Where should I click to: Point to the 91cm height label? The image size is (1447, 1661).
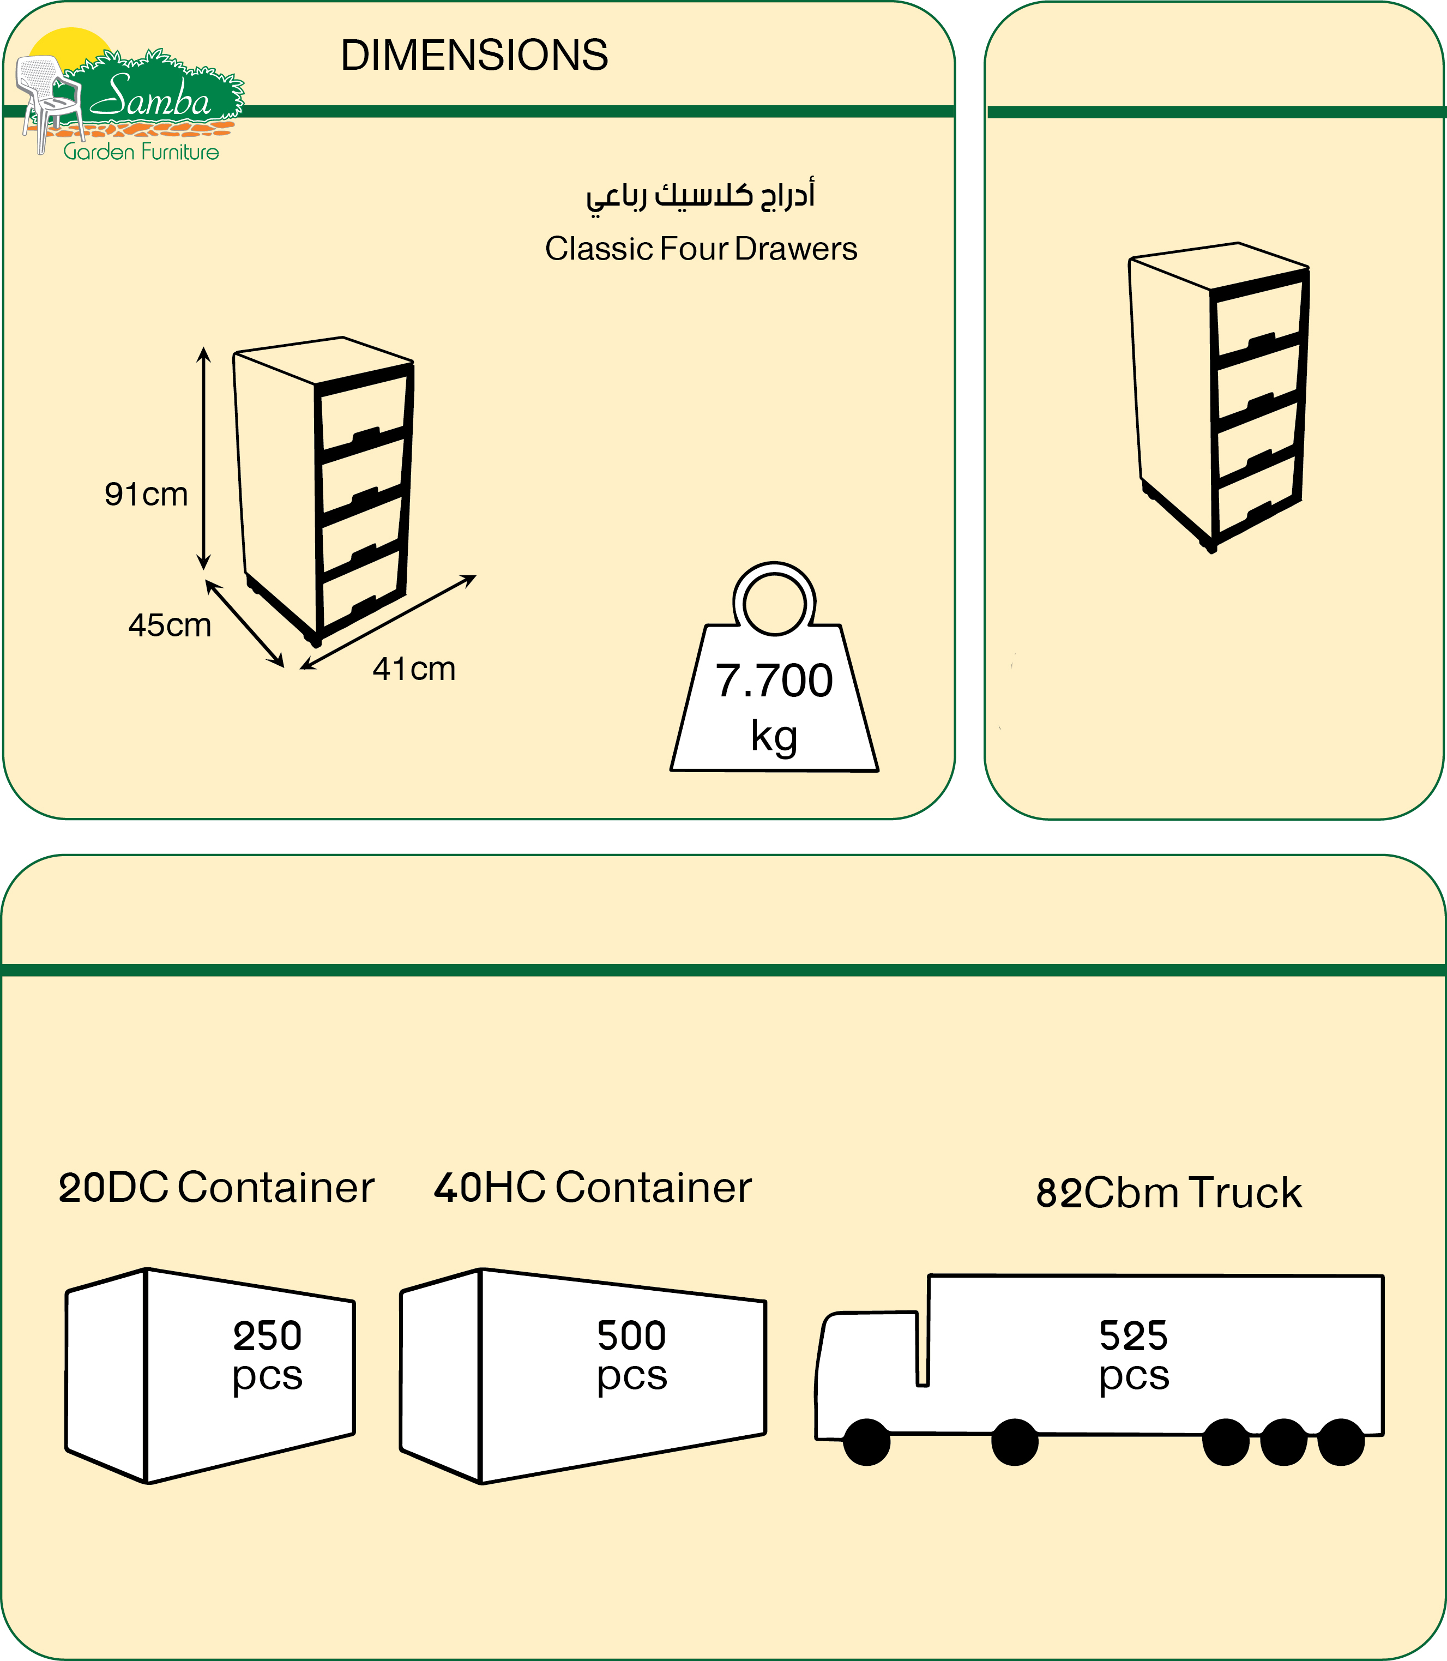coord(146,494)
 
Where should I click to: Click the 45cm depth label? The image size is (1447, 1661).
coord(170,625)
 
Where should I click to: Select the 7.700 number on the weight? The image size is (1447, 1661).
coord(774,680)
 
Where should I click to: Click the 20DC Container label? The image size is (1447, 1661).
coord(216,1188)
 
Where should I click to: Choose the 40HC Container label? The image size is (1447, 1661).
coord(593,1188)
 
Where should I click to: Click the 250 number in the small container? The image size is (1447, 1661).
coord(267,1335)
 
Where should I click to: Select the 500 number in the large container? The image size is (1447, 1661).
coord(631,1335)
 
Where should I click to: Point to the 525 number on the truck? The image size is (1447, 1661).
coord(1133,1335)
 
